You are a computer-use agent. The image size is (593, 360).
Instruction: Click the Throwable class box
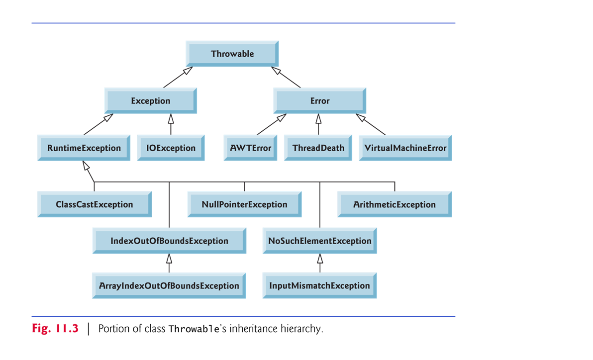232,54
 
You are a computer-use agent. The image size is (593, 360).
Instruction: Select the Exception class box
150,101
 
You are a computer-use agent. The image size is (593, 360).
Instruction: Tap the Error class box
319,101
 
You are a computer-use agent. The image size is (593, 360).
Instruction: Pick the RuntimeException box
84,148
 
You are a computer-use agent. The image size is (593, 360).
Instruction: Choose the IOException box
171,148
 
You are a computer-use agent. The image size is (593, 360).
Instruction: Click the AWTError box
250,148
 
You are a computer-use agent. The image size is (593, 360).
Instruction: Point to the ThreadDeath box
318,148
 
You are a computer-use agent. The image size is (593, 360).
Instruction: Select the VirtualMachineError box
405,148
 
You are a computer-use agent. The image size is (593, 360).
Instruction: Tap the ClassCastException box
94,204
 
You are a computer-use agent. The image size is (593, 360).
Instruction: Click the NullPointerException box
244,204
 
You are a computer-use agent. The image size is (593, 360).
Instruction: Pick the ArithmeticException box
394,204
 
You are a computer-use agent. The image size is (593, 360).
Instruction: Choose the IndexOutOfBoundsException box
169,241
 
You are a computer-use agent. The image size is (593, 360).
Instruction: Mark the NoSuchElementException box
319,241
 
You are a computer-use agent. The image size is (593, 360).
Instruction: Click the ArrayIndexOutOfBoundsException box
169,286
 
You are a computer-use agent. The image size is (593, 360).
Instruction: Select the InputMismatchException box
319,286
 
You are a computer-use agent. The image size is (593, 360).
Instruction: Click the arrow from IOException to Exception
171,124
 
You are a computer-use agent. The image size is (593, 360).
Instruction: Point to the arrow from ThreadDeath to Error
318,124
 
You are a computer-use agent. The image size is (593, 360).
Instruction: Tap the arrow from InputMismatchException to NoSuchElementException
319,263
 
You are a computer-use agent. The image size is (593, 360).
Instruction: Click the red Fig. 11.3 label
55,329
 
